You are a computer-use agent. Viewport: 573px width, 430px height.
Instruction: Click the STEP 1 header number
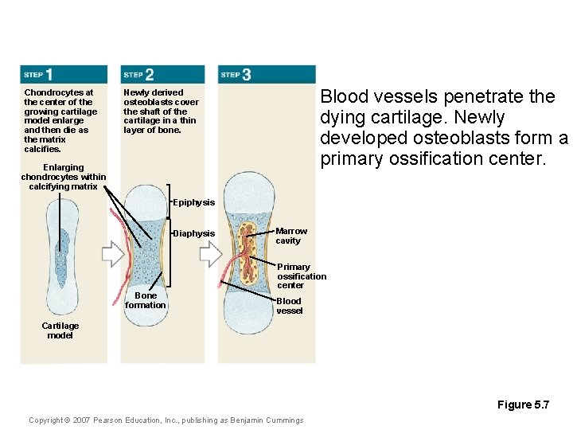49,74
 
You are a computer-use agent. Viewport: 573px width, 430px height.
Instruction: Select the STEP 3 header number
246,74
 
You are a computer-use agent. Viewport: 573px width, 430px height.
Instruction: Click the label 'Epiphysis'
193,203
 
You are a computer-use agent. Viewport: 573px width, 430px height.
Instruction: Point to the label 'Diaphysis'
194,233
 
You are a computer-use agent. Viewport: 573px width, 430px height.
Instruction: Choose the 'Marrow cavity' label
290,236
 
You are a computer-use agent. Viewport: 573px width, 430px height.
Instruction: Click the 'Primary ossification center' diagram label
301,276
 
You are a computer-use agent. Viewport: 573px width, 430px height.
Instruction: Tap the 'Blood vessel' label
289,306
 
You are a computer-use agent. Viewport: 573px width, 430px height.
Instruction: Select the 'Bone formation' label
146,300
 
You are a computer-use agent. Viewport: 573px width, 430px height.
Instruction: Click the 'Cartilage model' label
60,330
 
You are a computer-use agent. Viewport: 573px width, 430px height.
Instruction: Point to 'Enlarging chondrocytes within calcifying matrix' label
63,177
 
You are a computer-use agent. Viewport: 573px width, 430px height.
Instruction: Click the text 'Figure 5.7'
523,405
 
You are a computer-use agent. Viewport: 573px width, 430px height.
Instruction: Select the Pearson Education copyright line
166,420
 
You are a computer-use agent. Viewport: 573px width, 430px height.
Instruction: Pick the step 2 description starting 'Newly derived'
161,111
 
